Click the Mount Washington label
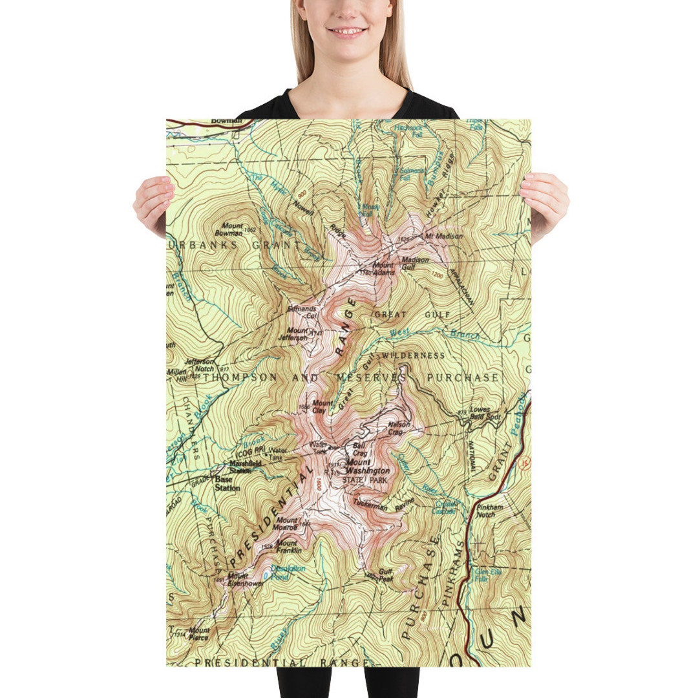(368, 467)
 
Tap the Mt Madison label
(443, 237)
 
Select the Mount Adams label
(383, 268)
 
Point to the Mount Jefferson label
(297, 334)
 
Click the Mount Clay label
(323, 407)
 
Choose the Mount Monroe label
(287, 523)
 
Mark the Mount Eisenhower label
(246, 579)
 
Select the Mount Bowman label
(228, 229)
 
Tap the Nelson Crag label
(399, 428)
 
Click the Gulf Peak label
(386, 574)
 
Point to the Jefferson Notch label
(199, 365)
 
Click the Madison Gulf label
(415, 263)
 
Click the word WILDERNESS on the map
(413, 355)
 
